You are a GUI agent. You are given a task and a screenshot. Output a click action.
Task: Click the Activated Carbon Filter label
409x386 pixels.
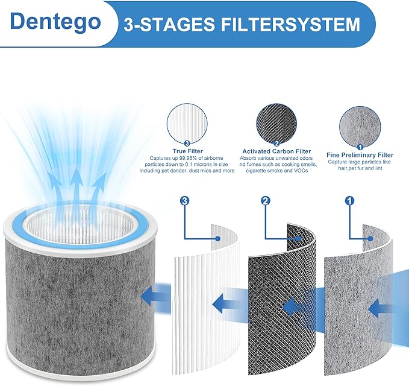tap(276, 151)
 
